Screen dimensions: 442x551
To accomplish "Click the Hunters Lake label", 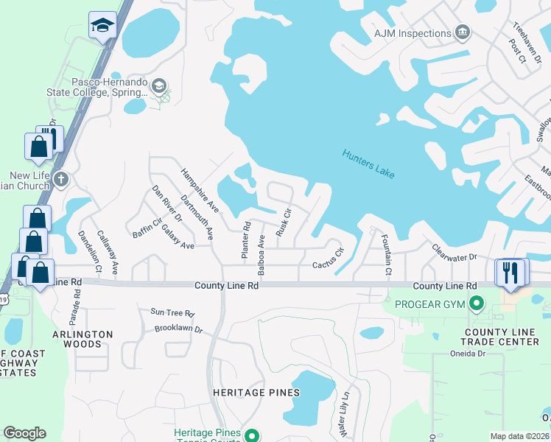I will click(x=368, y=164).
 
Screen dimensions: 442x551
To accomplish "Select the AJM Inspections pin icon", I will click(x=463, y=32).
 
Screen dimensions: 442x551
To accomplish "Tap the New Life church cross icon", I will click(x=61, y=179).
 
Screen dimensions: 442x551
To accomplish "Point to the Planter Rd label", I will click(x=245, y=239).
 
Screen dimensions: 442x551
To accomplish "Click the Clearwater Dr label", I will click(x=455, y=253).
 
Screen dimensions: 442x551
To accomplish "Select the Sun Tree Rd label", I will click(x=172, y=313).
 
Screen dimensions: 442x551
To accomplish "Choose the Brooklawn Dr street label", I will click(x=178, y=329).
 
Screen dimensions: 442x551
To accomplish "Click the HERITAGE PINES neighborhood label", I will click(x=256, y=393).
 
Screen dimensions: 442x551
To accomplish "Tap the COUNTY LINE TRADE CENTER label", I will click(x=501, y=337).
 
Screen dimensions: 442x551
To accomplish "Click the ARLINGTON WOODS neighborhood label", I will click(x=83, y=339).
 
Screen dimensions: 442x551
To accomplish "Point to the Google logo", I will click(x=24, y=433).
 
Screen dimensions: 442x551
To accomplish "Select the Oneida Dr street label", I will click(x=469, y=353).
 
